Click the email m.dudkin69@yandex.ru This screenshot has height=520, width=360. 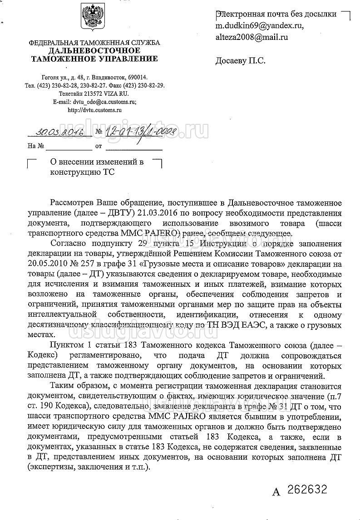coord(259,26)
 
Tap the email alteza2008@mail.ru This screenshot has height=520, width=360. coord(252,38)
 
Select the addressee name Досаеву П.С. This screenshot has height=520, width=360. coord(240,60)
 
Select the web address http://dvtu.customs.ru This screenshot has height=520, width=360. coord(94,109)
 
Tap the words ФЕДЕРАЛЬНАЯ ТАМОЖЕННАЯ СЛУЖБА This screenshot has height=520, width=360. coord(94,43)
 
